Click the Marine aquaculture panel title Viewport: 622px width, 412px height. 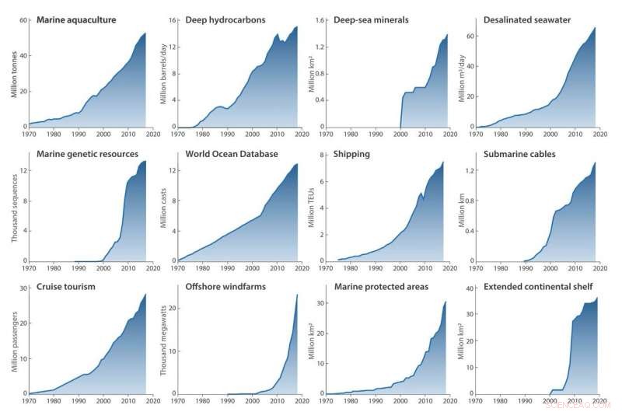point(76,19)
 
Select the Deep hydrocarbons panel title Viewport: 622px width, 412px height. point(225,19)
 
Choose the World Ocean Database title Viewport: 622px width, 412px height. point(232,154)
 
